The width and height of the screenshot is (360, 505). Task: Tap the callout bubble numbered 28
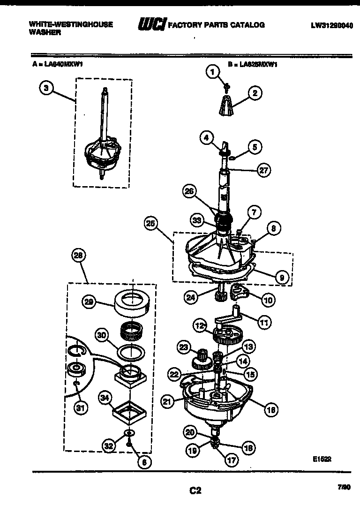click(x=78, y=256)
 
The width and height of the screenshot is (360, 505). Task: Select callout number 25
click(x=150, y=224)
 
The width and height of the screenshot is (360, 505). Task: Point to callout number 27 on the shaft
click(x=264, y=170)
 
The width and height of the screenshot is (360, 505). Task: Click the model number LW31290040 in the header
click(x=331, y=25)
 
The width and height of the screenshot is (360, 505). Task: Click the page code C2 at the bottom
click(x=195, y=491)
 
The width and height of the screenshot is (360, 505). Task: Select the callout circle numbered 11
click(x=264, y=323)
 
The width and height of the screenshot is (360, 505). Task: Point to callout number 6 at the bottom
click(x=144, y=462)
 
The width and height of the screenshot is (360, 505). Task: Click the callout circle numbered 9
click(x=281, y=278)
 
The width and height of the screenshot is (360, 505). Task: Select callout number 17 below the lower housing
click(x=231, y=460)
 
